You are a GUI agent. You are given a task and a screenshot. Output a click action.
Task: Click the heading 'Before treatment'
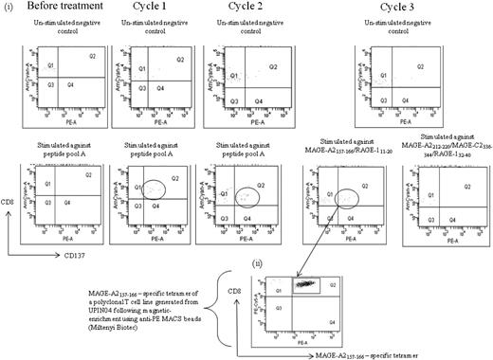56,9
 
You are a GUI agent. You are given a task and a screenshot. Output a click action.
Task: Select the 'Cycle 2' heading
236,9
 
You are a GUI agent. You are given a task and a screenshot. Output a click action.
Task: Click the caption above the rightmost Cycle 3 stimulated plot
445,148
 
